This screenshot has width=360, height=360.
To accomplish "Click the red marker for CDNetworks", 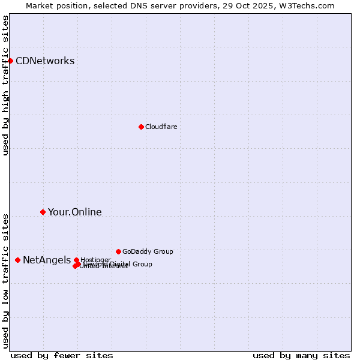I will (10, 61).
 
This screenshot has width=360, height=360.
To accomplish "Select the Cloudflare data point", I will (141, 127).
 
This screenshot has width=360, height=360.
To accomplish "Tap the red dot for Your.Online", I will (43, 212).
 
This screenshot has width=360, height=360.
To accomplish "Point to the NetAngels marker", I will (17, 260).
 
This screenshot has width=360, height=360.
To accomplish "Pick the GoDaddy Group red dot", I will (118, 251).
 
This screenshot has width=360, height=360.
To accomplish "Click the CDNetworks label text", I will (45, 61).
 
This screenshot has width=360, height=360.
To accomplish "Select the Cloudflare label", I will (161, 127).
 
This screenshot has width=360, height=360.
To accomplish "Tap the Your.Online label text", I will (74, 212).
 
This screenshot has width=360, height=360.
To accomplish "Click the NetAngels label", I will (47, 260).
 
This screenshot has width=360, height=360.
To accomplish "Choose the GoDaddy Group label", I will (148, 251).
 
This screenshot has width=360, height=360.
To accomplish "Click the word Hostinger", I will (95, 260).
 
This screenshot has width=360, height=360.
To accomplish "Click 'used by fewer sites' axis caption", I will (62, 355).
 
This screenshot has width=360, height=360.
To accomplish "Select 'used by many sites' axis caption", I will (301, 355).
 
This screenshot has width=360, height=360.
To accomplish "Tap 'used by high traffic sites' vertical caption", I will (6, 85).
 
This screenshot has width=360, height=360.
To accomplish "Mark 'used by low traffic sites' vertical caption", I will (6, 280).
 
